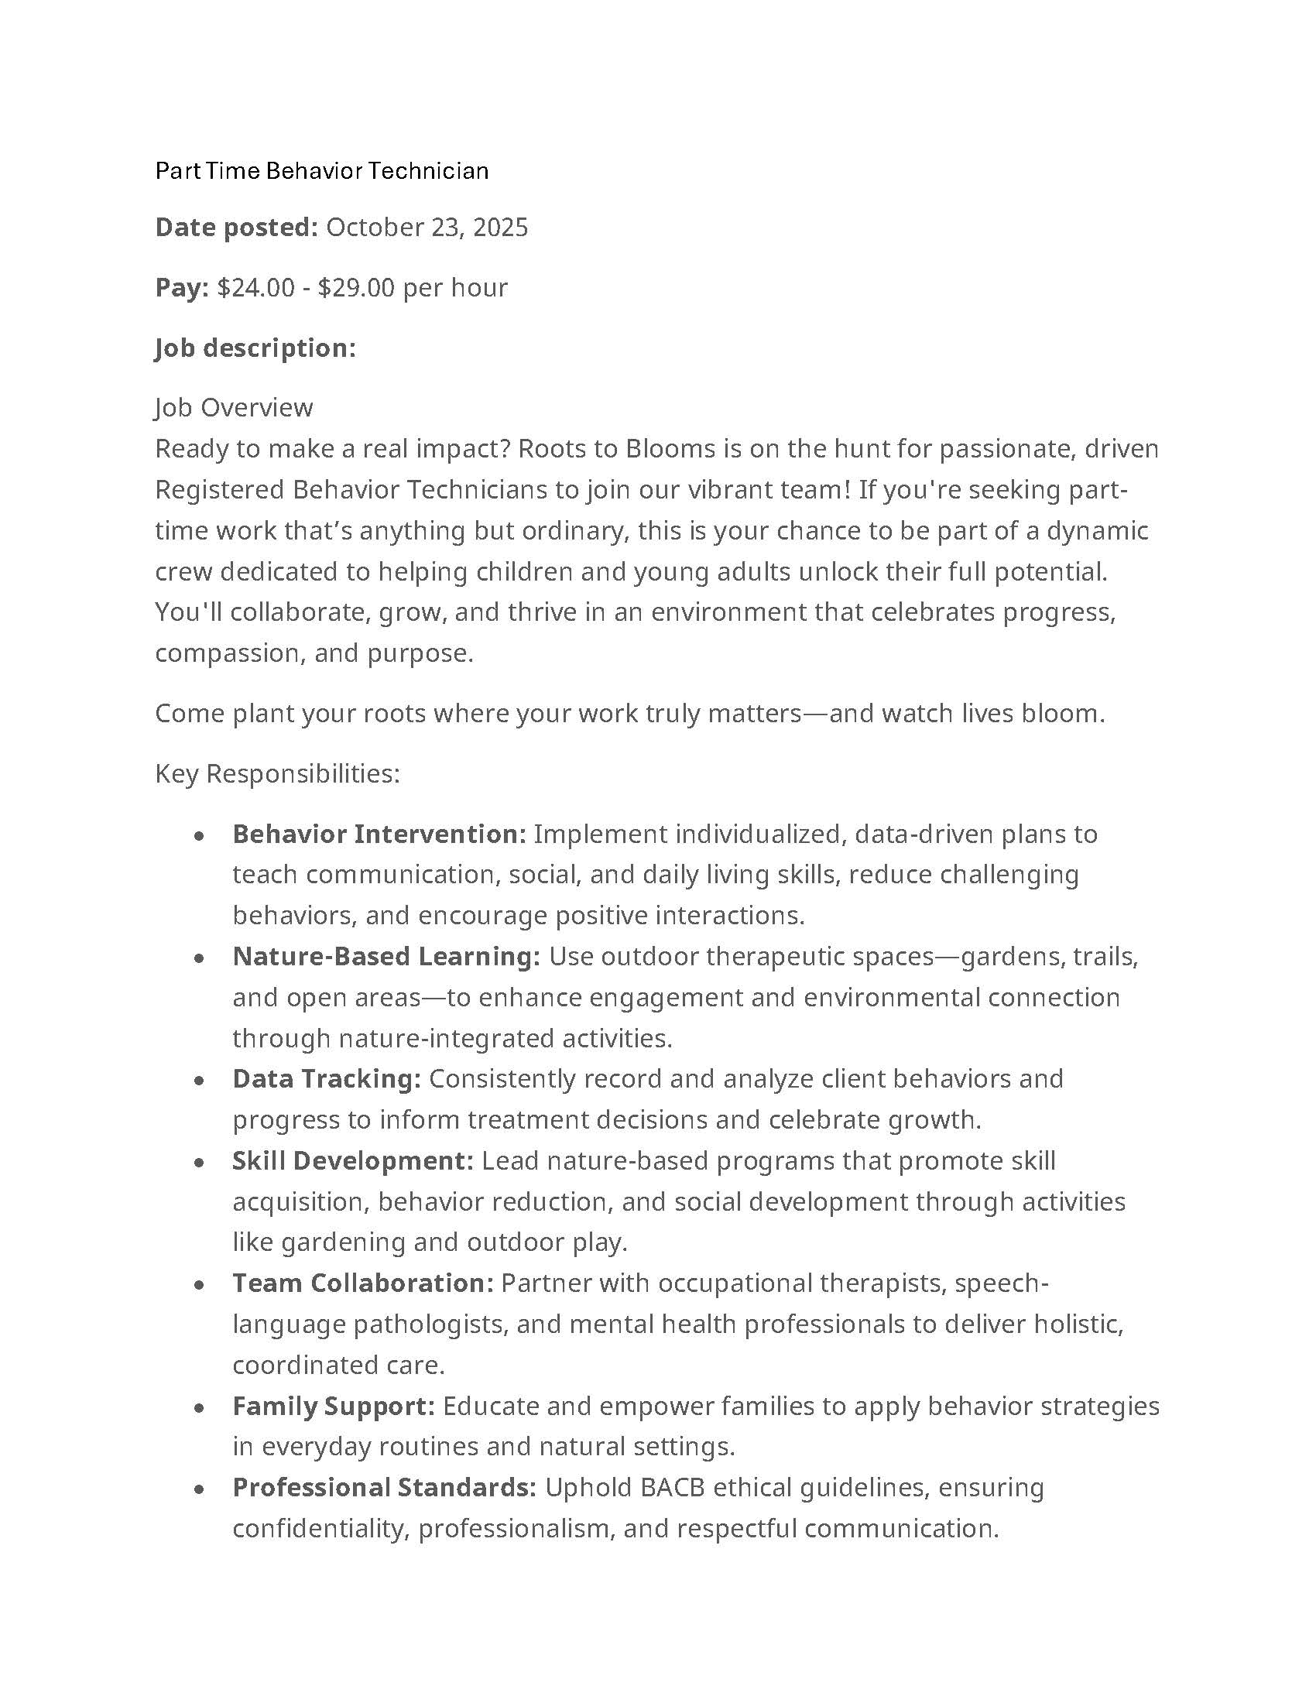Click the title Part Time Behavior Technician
pos(321,171)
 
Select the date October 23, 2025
pos(427,228)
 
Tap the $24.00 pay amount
pos(255,288)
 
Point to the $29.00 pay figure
pos(356,288)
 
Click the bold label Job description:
pos(255,348)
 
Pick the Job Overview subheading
pos(234,408)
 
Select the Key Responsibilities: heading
pos(277,773)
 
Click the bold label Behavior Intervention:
pos(379,834)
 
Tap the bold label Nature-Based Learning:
pos(386,957)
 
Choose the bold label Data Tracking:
pos(327,1079)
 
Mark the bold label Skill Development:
pos(352,1161)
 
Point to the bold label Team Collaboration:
pos(362,1283)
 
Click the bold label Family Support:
pos(333,1406)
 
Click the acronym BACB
pos(672,1488)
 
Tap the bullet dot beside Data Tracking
pos(200,1081)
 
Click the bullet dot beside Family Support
pos(200,1407)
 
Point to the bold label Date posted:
pos(236,228)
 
